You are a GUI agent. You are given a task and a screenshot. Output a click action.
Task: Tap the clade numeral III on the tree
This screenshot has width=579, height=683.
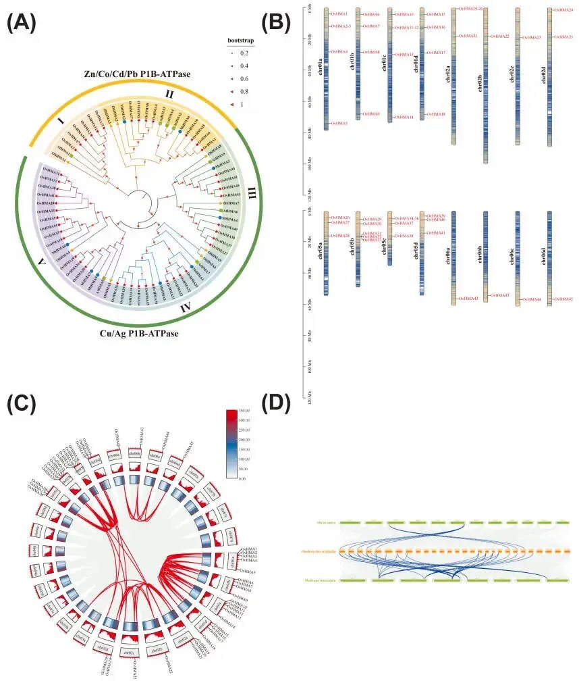point(252,195)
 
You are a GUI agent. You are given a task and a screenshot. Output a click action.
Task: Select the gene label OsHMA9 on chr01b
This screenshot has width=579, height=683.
point(371,114)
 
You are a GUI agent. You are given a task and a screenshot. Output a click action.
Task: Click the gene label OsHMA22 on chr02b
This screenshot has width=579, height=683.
point(500,36)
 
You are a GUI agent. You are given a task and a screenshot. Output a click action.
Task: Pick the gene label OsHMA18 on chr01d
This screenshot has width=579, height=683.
point(436,114)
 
